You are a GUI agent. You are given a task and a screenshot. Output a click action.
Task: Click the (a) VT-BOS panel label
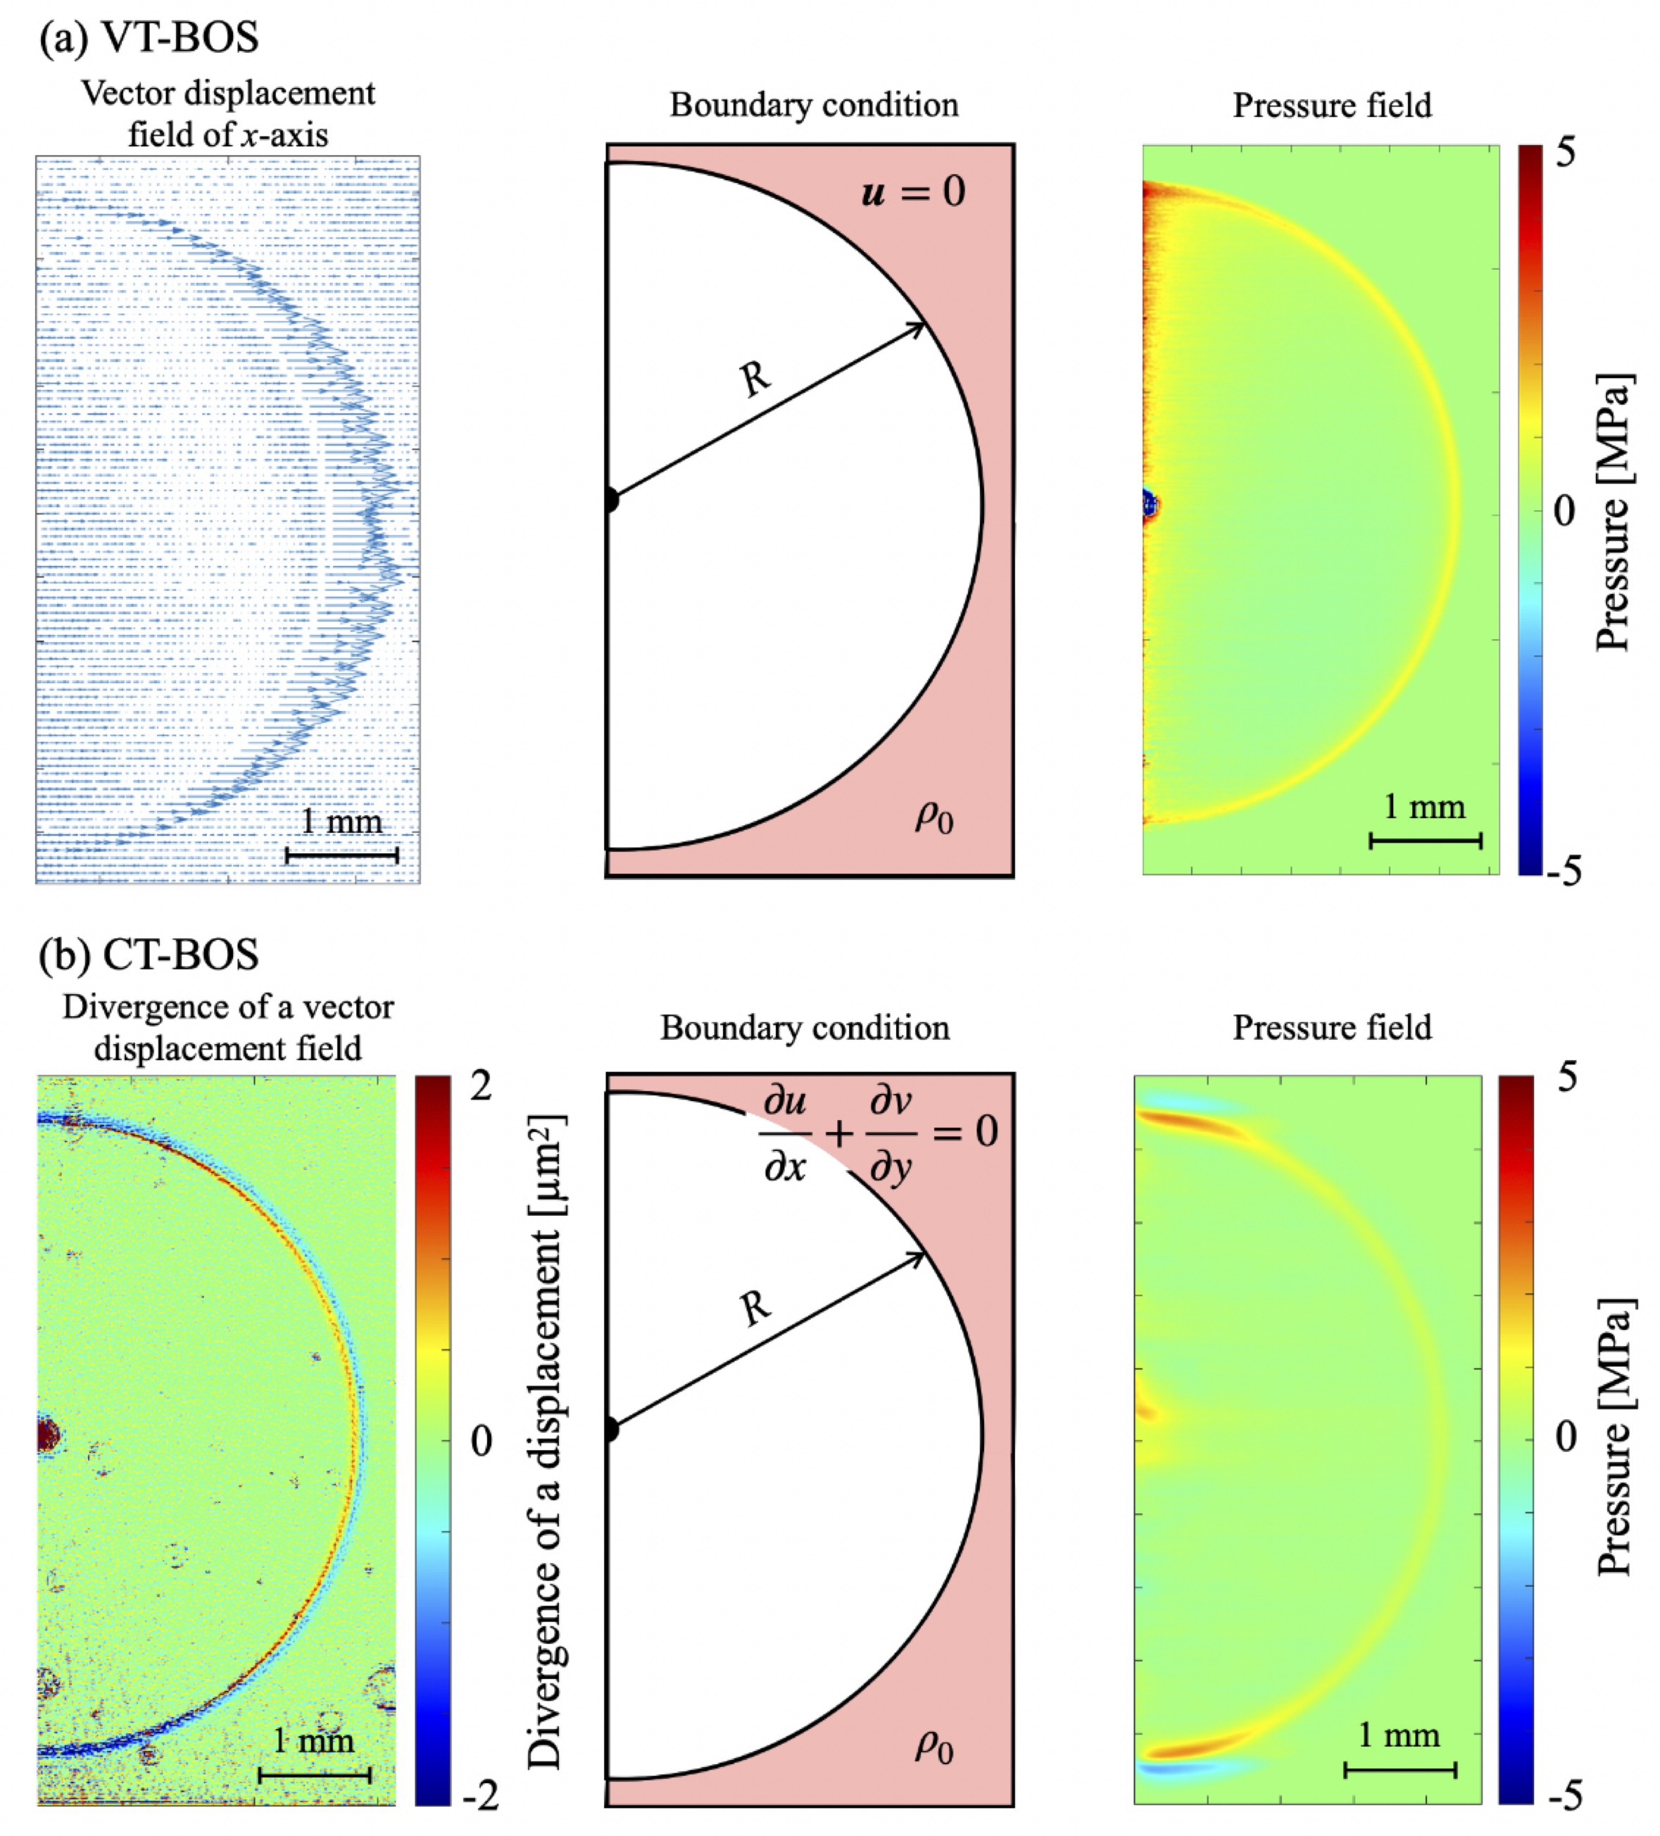(x=149, y=38)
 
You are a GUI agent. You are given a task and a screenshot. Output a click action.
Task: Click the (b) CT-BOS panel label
(x=149, y=953)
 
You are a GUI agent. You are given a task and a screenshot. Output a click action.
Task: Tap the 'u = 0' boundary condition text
(x=912, y=192)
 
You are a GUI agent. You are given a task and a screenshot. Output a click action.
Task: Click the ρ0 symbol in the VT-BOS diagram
(x=933, y=817)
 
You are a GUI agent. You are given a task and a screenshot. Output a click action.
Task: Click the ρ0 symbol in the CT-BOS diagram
(x=933, y=1746)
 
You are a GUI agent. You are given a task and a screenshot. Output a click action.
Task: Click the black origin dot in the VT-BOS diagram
(x=610, y=500)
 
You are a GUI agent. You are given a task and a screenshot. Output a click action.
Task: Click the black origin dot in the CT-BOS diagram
(x=610, y=1430)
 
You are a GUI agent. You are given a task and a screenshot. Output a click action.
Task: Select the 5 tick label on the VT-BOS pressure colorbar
(x=1564, y=153)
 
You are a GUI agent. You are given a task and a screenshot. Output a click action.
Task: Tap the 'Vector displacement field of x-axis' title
(x=227, y=114)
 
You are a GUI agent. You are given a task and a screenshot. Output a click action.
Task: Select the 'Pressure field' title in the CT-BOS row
(x=1331, y=1027)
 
